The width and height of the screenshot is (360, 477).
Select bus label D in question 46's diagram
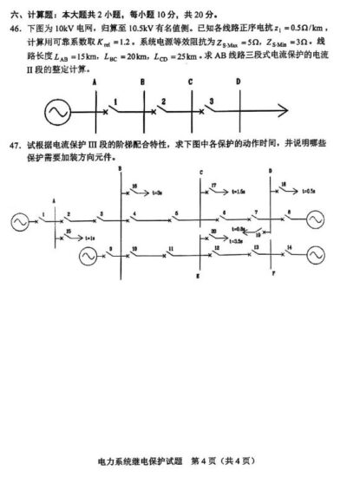(238, 82)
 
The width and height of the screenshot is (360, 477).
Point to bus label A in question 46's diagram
(92, 82)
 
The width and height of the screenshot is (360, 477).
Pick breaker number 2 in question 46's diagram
(162, 102)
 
